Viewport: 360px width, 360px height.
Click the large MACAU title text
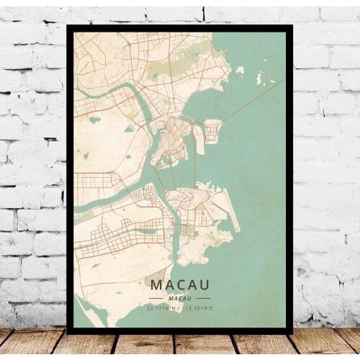pyautogui.click(x=180, y=286)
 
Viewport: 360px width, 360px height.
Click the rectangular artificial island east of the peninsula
pyautogui.click(x=211, y=130)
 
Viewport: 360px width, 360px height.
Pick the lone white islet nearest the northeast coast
pyautogui.click(x=240, y=70)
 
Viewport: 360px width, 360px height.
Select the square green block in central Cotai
pyautogui.click(x=186, y=230)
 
